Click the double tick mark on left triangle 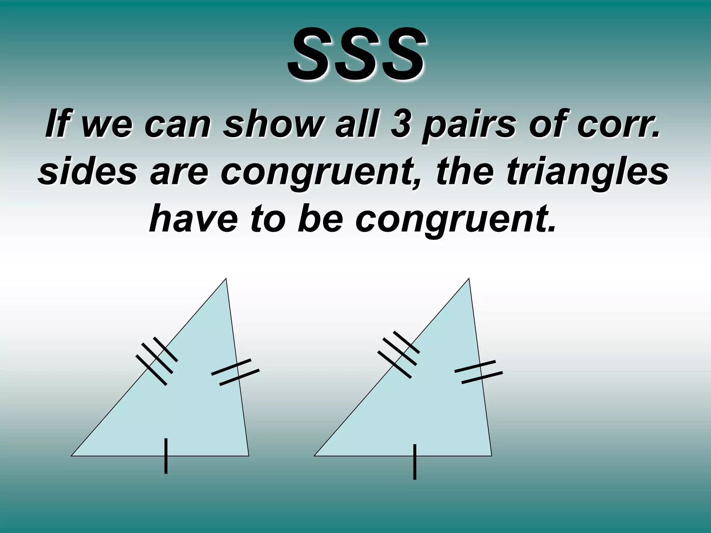235,372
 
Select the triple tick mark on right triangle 399,354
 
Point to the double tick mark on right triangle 479,372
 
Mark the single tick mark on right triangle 415,462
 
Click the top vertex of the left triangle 226,278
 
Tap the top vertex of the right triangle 469,278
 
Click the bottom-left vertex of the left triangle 72,456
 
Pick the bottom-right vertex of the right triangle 492,456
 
